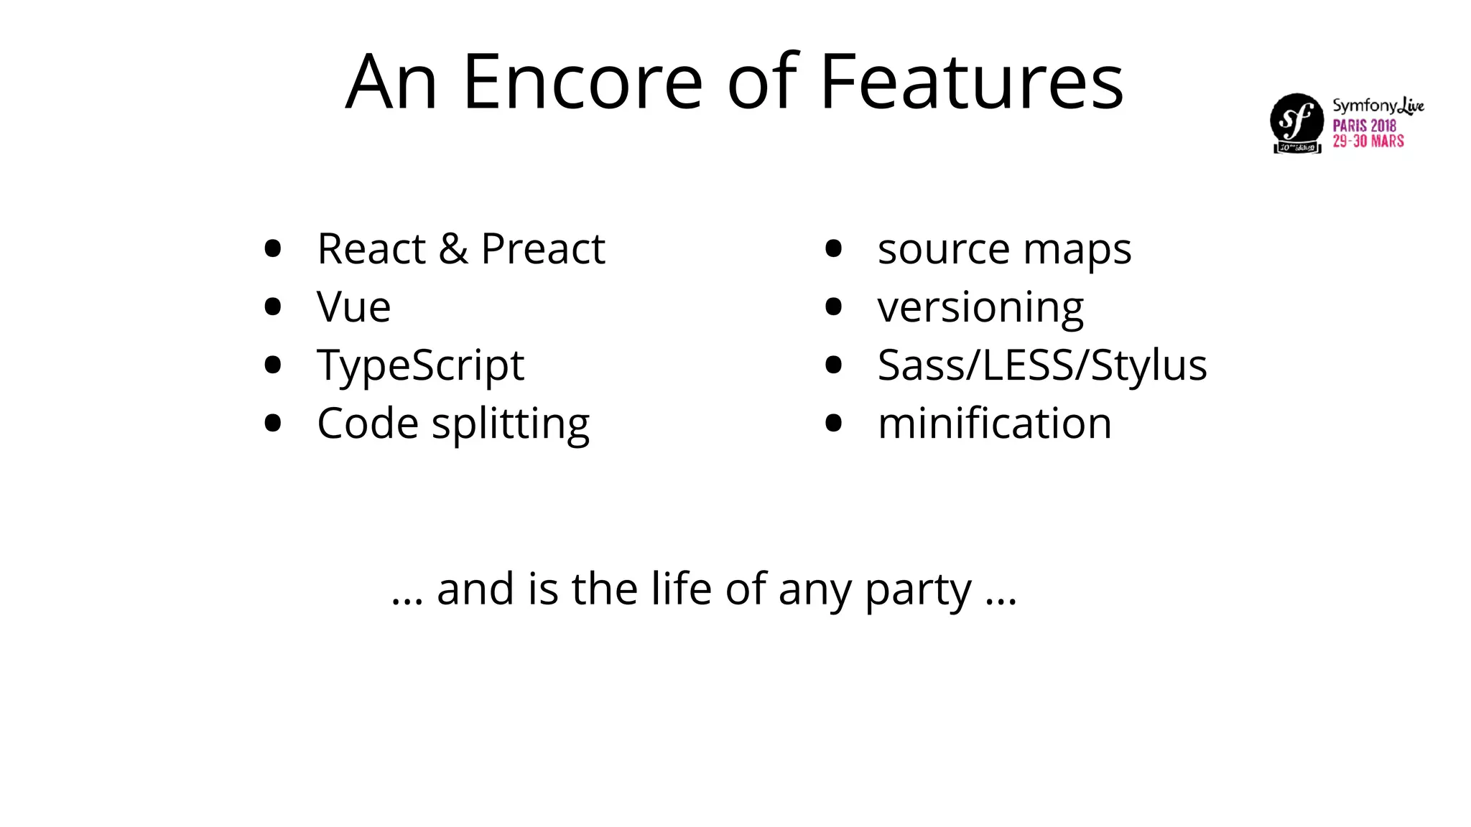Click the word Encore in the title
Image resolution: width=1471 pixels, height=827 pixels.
[583, 82]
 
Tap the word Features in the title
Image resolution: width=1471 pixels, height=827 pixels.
[971, 82]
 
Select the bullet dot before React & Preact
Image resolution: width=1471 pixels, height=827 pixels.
[272, 249]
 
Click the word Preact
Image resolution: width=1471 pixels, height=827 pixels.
[543, 249]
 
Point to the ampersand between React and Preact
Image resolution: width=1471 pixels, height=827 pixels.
[453, 249]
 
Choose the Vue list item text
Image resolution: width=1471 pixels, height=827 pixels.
[353, 307]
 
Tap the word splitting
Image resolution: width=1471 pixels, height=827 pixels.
[510, 424]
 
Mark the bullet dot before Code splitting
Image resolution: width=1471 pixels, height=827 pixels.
[272, 424]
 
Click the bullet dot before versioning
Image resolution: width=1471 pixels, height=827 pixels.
[833, 307]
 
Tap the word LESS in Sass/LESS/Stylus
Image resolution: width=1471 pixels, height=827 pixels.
[1027, 365]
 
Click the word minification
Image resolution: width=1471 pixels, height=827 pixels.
[995, 424]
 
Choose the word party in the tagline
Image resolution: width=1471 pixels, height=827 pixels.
[918, 590]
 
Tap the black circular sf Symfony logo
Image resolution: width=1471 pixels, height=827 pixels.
[1296, 120]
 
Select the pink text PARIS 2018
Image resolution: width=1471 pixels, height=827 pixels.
[1364, 126]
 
